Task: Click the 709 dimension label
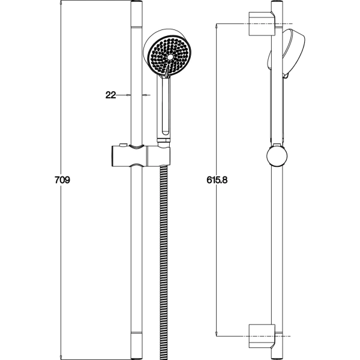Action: pyautogui.click(x=62, y=180)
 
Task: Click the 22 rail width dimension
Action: pyautogui.click(x=110, y=95)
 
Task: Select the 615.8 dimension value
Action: pyautogui.click(x=217, y=180)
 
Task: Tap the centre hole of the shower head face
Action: pyautogui.click(x=170, y=57)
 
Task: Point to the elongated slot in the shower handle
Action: pyautogui.click(x=166, y=106)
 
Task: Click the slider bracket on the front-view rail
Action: pyautogui.click(x=141, y=155)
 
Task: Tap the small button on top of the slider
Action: pyautogui.click(x=123, y=145)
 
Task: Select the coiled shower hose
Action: pyautogui.click(x=163, y=262)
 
